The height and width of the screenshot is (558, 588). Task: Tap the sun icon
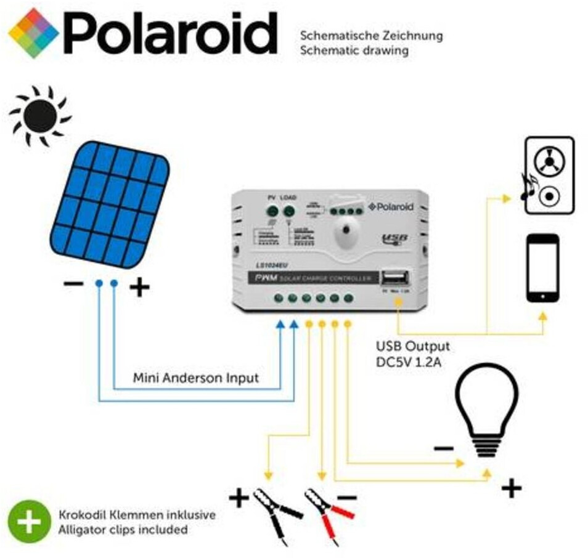click(x=41, y=115)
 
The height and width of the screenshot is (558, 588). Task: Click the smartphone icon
click(x=542, y=268)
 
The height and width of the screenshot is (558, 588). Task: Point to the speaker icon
click(x=549, y=176)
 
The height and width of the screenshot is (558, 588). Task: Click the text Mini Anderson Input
click(x=195, y=378)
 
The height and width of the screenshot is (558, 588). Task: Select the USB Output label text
click(x=412, y=346)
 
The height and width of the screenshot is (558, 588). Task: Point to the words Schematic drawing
click(x=354, y=51)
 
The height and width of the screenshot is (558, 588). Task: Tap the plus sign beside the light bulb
click(x=510, y=489)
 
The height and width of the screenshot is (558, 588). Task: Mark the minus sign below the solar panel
click(x=73, y=285)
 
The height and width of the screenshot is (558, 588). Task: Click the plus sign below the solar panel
click(x=139, y=286)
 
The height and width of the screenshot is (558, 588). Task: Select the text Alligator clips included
click(x=123, y=529)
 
